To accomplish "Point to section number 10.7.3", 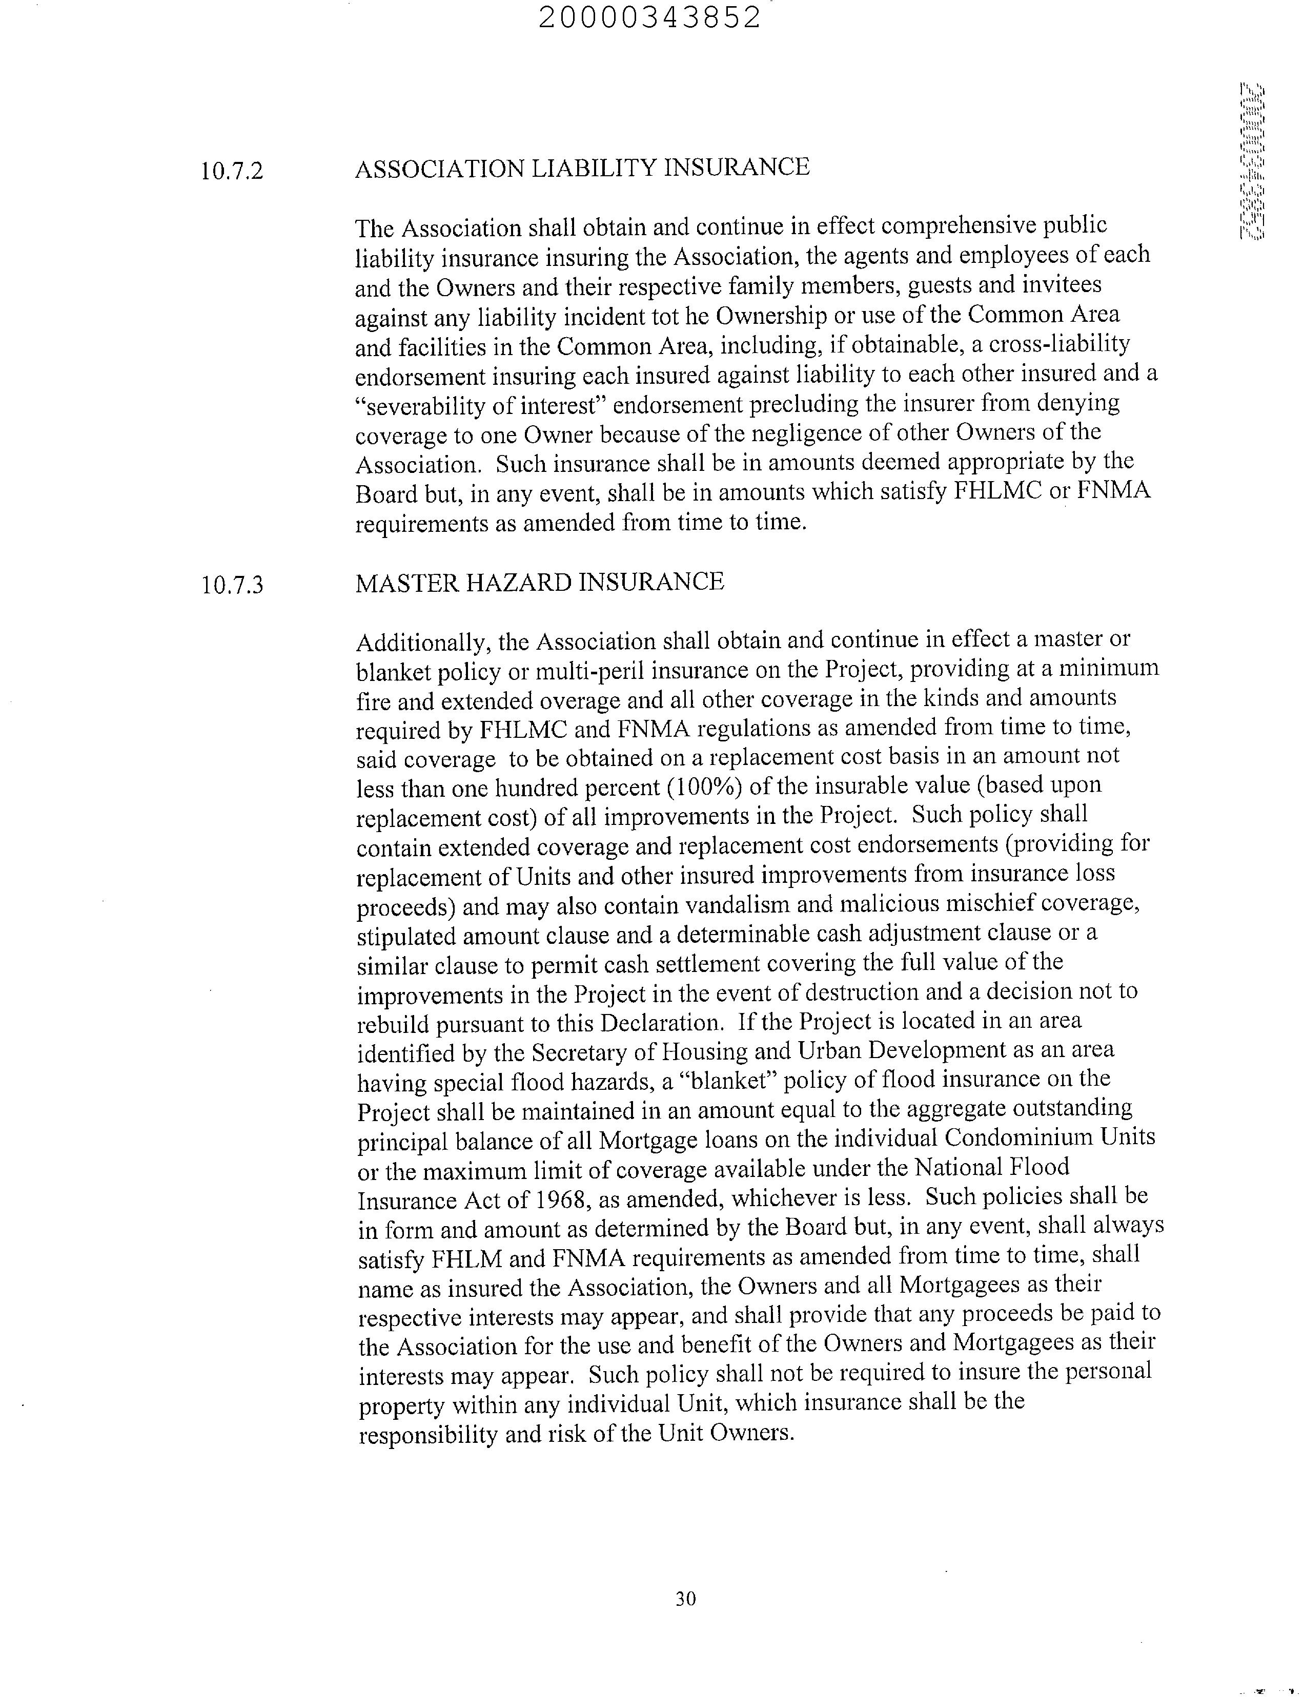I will coord(231,584).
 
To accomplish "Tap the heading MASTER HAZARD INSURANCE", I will coord(539,582).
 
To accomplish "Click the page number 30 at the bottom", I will coord(685,1599).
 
